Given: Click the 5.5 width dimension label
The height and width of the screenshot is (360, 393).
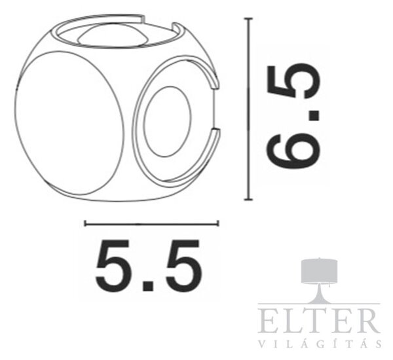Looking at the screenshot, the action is [149, 266].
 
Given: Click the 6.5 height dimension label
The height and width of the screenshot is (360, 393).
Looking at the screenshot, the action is [293, 117].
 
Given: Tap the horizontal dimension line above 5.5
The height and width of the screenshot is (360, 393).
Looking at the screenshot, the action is [152, 224].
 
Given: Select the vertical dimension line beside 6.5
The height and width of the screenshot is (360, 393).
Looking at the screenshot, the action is [248, 109].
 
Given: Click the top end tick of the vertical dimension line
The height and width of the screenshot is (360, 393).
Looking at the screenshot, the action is [248, 18].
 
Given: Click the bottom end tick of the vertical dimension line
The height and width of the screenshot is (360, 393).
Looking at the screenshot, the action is [248, 200].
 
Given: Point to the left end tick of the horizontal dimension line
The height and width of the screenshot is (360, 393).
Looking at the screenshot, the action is [85, 223].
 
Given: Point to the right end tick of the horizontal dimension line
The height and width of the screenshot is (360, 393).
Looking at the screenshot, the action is [218, 223].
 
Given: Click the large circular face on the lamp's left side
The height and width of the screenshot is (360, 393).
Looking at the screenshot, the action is [69, 123].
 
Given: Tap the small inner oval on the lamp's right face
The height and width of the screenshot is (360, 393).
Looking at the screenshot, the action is [168, 122].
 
